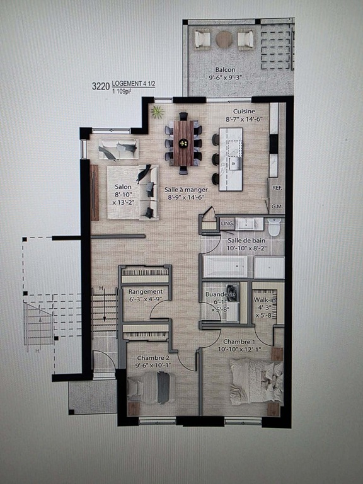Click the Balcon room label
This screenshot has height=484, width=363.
225,69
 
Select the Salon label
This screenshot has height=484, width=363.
123,187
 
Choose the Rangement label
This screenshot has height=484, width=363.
146,292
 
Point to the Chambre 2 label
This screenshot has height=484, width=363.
153,358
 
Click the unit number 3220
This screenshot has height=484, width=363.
101,84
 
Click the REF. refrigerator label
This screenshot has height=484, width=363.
276,188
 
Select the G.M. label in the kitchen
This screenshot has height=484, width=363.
276,206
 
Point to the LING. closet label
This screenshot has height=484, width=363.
228,223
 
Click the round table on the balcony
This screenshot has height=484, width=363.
224,39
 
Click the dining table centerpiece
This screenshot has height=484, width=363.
183,143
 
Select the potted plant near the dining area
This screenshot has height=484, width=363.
157,113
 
